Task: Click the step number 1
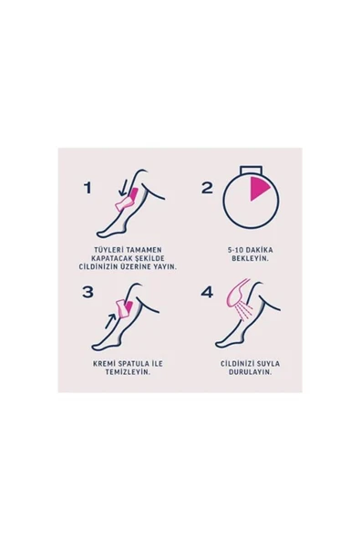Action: coord(88,188)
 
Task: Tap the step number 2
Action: coord(207,188)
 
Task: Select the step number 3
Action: coord(87,292)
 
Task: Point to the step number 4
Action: coord(207,292)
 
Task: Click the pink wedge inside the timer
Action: coord(258,188)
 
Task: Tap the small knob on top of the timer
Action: coord(252,170)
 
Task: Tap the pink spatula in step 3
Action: coord(125,308)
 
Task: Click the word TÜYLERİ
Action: coord(109,250)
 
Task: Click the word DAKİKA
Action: coord(258,250)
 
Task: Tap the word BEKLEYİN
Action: coord(250,259)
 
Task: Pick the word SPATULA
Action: coord(131,364)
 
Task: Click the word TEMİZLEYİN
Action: coord(128,372)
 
